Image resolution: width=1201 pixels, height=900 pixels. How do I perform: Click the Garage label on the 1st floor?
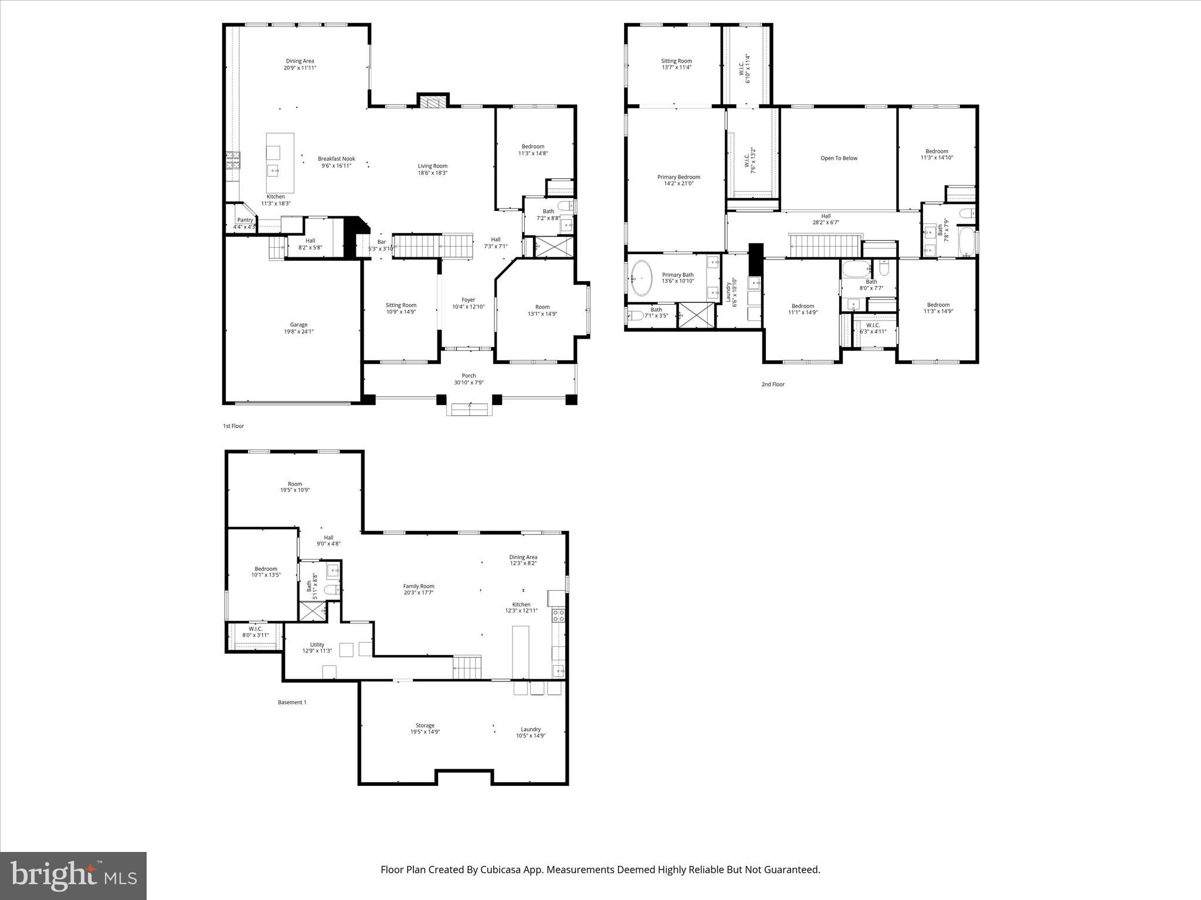pos(298,325)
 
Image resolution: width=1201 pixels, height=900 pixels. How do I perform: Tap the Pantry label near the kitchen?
pos(245,220)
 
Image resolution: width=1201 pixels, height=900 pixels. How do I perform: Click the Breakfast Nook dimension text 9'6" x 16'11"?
pos(336,166)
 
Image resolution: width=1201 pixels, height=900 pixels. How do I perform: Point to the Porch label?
pos(469,376)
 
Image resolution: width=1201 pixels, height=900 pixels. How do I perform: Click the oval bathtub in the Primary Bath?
pos(642,278)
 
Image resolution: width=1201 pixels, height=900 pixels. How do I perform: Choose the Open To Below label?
pos(839,158)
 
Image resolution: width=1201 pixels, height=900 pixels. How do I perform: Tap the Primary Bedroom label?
pos(678,177)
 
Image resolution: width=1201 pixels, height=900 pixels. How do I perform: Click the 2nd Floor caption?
pos(773,384)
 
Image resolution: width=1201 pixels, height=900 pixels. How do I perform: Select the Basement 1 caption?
pos(292,702)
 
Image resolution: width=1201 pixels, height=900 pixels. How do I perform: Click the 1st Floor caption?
pos(233,426)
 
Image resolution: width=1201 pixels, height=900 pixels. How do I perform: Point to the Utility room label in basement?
pos(317,645)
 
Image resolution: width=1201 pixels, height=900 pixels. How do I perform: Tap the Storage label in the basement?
pos(425,725)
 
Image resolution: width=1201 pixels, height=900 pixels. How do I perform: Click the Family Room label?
pos(419,586)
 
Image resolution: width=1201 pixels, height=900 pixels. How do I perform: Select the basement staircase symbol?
pos(467,667)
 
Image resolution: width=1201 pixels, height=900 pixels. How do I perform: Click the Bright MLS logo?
pos(73,876)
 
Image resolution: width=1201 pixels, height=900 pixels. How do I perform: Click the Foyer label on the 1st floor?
pos(468,300)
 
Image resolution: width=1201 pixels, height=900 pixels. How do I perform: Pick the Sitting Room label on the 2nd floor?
pos(676,61)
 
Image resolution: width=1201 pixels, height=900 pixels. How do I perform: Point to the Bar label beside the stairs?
pos(381,241)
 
